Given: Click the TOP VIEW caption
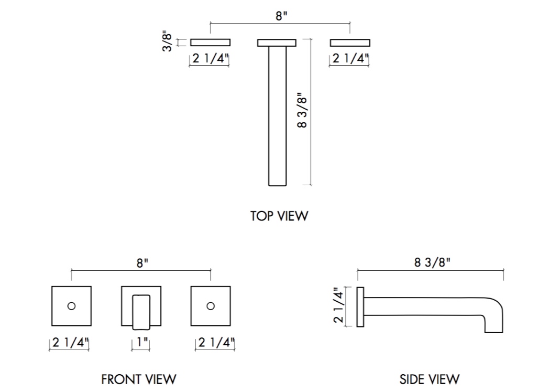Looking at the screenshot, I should coord(279,216).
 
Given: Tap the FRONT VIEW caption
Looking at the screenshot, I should coord(138,379).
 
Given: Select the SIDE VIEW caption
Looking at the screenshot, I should coord(429,379).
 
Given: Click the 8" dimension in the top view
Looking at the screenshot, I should coord(281,16).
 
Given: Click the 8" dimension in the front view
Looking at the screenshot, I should coord(140,263).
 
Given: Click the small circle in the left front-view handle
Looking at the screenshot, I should coord(72,306).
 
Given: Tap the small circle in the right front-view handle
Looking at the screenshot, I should coord(211,306).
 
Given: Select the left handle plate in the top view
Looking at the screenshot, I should coord(210,43).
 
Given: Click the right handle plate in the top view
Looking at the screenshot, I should coord(350,43).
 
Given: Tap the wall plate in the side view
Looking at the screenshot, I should coord(360,306).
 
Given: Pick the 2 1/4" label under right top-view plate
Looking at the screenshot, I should coord(350,59).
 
